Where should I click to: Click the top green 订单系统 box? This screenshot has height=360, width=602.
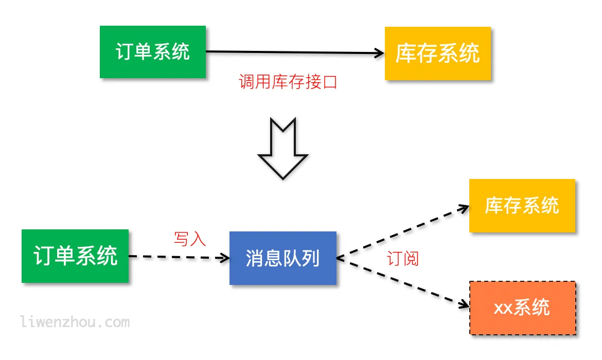[153, 52]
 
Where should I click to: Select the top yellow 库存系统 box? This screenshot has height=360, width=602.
[437, 53]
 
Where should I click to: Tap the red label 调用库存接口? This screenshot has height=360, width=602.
[288, 82]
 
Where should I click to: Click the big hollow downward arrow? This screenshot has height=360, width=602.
[282, 149]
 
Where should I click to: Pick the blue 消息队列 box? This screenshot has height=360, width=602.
[282, 258]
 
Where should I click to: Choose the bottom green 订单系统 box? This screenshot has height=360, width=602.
[75, 256]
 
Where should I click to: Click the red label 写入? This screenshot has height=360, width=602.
[189, 239]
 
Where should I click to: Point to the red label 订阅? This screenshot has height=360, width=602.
[402, 259]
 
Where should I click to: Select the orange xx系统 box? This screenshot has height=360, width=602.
[522, 308]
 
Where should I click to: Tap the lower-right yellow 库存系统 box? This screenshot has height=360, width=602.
[522, 206]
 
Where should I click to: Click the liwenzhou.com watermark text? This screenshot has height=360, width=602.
[75, 322]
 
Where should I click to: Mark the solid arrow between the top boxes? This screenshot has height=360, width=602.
[293, 52]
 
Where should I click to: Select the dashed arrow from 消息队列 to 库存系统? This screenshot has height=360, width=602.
[401, 231]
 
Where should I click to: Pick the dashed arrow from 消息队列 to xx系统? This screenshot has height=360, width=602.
[401, 283]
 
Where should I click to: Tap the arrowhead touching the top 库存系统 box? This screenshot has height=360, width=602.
[379, 52]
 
